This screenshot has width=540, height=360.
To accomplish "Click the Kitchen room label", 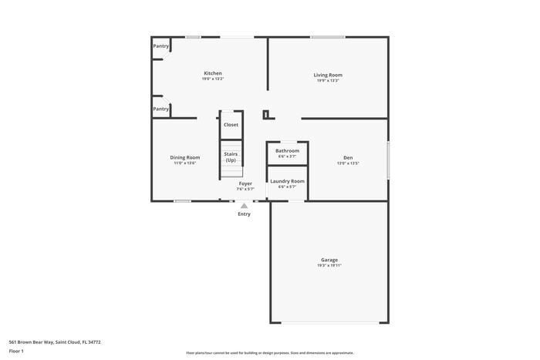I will tap(213, 73).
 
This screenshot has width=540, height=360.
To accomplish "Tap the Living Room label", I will tap(327, 75).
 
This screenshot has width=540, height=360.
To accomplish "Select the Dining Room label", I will tap(184, 157).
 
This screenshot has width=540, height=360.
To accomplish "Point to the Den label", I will tap(348, 157).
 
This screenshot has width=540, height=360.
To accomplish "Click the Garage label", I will tap(329, 260).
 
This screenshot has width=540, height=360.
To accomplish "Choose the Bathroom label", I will tap(287, 150).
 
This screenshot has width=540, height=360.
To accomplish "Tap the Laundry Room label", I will tap(287, 180).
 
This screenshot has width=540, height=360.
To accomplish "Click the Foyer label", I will tap(245, 183).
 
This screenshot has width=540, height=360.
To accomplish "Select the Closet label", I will tap(231, 124).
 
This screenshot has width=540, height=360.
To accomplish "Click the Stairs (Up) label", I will tap(231, 156).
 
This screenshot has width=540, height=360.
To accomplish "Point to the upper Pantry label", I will tap(160, 46).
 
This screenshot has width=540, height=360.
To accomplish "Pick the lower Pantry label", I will tap(160, 109).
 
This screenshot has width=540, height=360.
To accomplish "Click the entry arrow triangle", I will tap(244, 206).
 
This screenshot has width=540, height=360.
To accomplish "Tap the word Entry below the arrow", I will tap(244, 214).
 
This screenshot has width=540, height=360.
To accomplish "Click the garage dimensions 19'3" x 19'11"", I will tap(329, 265).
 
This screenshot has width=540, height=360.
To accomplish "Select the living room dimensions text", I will tap(327, 80).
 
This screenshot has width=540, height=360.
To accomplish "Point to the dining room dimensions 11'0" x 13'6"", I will tap(184, 163).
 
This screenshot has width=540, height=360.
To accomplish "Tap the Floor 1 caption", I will tap(16, 351).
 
